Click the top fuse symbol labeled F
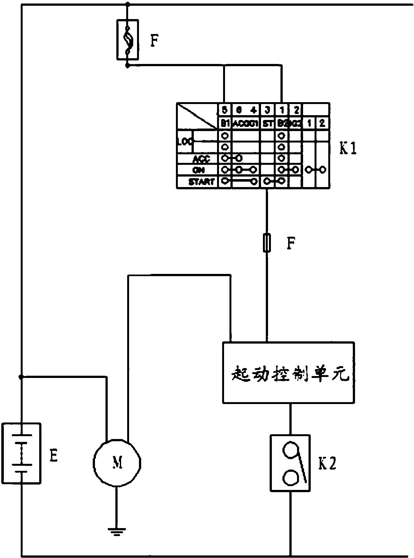coord(127,39)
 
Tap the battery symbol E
coord(21,453)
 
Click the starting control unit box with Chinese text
coord(288,373)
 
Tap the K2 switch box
coord(290,463)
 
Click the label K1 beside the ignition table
coord(348,149)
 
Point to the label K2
coord(327,464)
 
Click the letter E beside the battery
coord(54,456)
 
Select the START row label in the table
coord(201,182)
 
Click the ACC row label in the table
coord(201,158)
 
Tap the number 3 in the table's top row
coord(267,110)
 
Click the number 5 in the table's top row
coord(225,110)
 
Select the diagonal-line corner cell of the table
coord(197,116)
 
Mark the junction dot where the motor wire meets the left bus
coord(21,377)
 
